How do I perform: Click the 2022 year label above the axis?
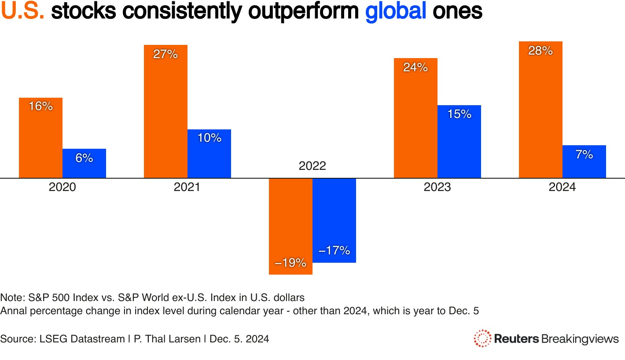click(312, 166)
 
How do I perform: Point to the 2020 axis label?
click(62, 187)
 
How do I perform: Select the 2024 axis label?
click(562, 187)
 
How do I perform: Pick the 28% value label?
click(540, 51)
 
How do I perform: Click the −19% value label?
click(290, 263)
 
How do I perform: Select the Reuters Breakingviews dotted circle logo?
click(482, 338)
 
